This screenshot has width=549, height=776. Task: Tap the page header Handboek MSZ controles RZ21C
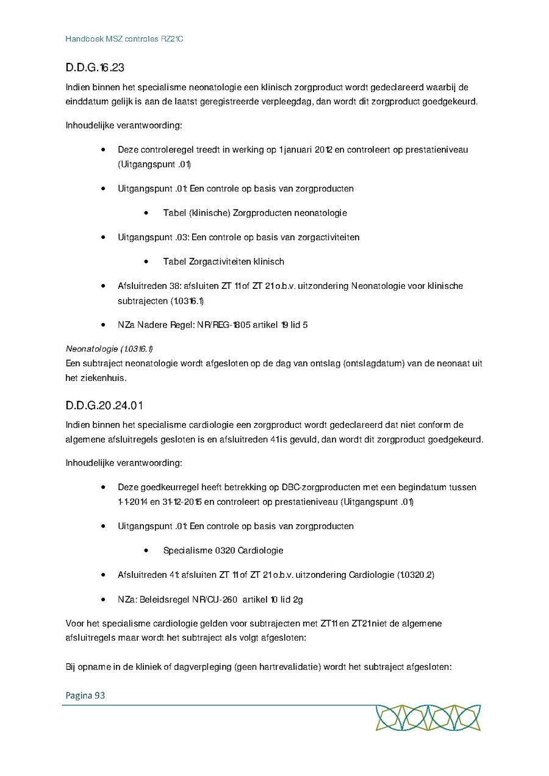point(124,39)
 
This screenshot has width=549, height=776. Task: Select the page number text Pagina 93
point(85,694)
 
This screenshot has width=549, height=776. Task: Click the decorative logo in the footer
point(428,717)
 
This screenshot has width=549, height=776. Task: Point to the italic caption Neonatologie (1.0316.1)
point(109,349)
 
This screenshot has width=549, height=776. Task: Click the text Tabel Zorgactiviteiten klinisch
point(223,262)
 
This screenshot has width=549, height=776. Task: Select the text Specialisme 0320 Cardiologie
point(223,550)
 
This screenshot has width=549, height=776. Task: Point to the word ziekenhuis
point(88,378)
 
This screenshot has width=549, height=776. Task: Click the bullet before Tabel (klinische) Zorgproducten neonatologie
point(148,213)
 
